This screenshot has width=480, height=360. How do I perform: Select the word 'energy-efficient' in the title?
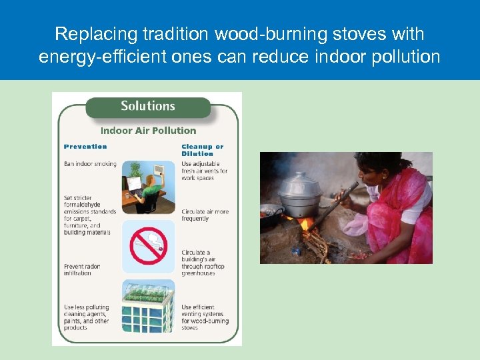pyautogui.click(x=111, y=57)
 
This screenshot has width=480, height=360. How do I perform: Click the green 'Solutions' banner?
pyautogui.click(x=147, y=106)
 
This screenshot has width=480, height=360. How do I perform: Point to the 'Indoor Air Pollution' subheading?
pyautogui.click(x=148, y=131)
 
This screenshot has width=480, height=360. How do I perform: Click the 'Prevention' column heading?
pyautogui.click(x=85, y=147)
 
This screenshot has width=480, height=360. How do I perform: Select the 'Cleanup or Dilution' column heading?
pyautogui.click(x=203, y=150)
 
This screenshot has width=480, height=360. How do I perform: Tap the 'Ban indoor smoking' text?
pyautogui.click(x=90, y=164)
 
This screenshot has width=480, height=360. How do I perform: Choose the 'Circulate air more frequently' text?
pyautogui.click(x=205, y=215)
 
